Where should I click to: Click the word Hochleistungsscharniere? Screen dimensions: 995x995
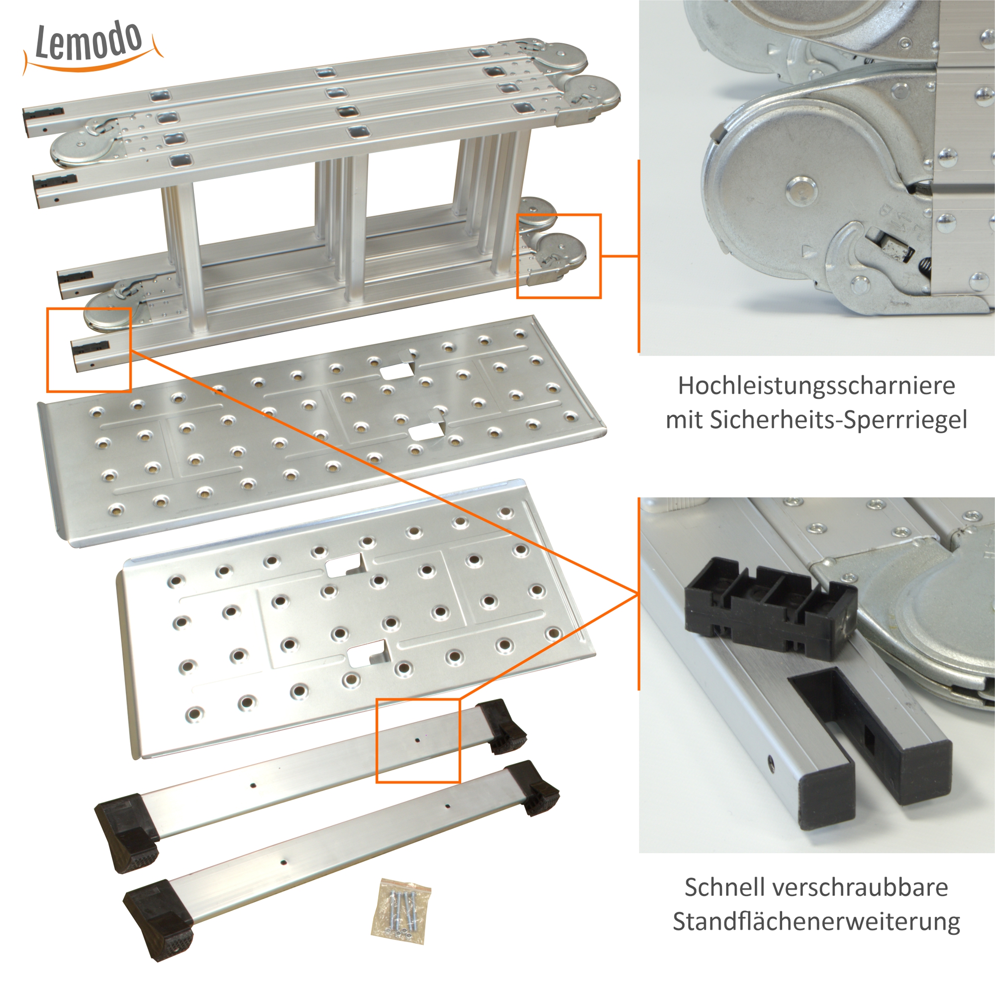click(816, 386)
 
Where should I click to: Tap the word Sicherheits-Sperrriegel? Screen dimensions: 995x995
click(838, 420)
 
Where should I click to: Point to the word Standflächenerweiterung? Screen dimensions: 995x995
click(816, 922)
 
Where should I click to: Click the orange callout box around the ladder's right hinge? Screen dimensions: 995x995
click(559, 256)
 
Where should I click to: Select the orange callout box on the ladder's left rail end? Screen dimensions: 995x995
click(89, 350)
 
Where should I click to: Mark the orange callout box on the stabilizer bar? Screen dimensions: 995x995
click(418, 741)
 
